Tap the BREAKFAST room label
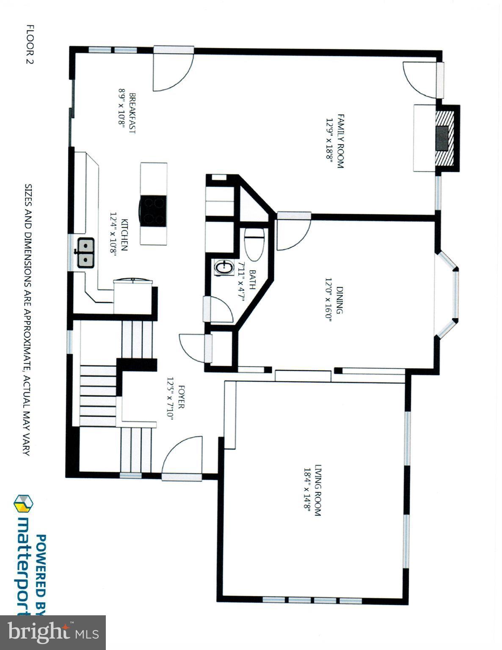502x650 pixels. (x=132, y=113)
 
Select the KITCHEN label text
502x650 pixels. (x=124, y=235)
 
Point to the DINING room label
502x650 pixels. (x=339, y=300)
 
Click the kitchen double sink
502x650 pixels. (x=85, y=253)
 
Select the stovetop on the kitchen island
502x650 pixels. (x=153, y=210)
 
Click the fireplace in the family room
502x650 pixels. (x=445, y=138)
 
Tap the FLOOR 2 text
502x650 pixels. (x=30, y=44)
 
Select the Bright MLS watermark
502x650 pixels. (x=52, y=633)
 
